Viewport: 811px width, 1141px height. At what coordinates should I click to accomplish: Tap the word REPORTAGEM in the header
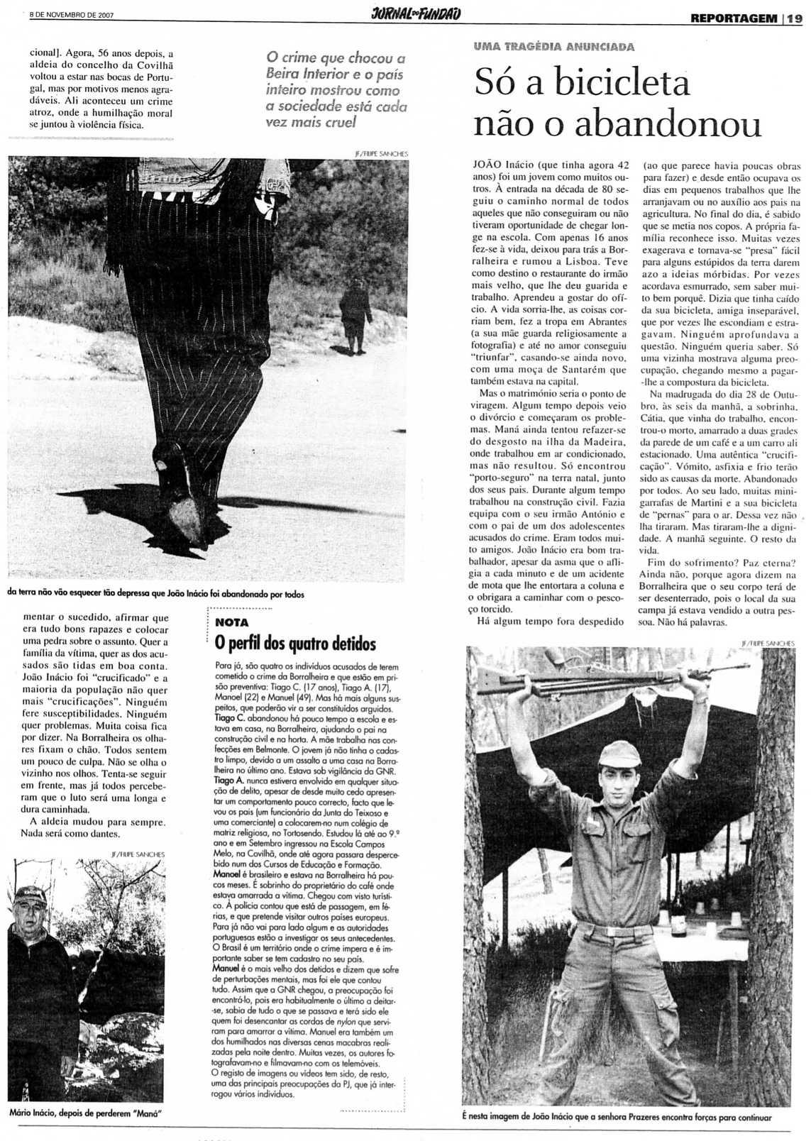click(733, 18)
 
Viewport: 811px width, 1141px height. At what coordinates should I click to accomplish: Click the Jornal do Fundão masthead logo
click(416, 14)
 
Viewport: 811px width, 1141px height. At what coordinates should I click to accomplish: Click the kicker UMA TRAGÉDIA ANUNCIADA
click(554, 47)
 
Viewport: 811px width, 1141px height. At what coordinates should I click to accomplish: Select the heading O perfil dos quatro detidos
click(295, 644)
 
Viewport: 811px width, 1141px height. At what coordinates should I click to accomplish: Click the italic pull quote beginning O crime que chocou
click(336, 89)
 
